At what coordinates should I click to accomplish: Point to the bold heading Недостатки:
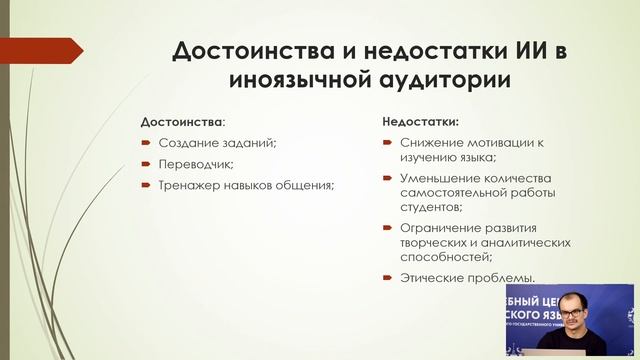421,122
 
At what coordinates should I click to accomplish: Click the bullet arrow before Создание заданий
146,143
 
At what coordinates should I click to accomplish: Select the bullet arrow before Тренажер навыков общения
146,186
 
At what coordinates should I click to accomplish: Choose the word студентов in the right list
430,207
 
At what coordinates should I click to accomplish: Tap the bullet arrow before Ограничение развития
387,228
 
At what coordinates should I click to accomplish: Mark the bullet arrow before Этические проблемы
387,278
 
